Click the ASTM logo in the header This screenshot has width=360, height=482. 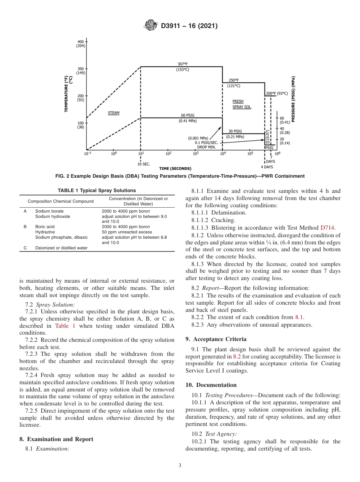[151, 26]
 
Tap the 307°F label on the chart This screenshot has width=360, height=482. [183, 64]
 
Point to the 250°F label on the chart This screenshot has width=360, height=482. [233, 80]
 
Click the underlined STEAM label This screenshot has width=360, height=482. [113, 113]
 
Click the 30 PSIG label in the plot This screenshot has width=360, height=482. [235, 131]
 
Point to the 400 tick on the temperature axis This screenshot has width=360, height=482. [80, 41]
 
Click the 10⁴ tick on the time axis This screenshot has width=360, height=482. [223, 153]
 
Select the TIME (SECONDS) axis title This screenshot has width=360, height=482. [175, 168]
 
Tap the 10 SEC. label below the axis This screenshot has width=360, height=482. [143, 164]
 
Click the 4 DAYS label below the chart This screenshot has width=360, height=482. [267, 167]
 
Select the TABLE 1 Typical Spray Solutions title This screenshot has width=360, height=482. [97, 191]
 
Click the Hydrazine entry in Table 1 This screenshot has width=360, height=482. [45, 232]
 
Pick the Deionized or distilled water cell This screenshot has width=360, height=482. [61, 248]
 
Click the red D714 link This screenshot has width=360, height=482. [328, 228]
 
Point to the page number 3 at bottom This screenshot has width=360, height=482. [180, 465]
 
